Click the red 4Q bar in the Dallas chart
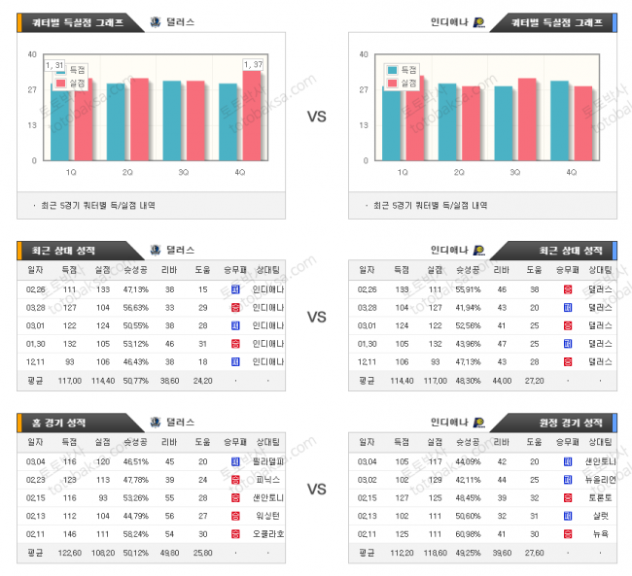[x=252, y=116]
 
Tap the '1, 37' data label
[x=253, y=64]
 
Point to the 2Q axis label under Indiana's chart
[x=459, y=172]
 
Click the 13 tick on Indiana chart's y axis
[x=363, y=125]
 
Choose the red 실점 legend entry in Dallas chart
[x=73, y=84]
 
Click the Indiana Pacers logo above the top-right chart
[x=480, y=21]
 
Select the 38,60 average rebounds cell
[x=169, y=380]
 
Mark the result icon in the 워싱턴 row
[x=235, y=517]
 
